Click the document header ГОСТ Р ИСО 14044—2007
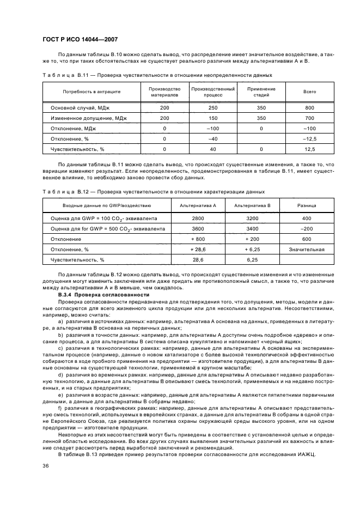(80, 40)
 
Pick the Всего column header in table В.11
(309, 92)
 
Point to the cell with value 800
(309, 108)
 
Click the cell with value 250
(213, 108)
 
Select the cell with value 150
(213, 118)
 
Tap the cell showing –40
(213, 138)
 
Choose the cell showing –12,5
(309, 138)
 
